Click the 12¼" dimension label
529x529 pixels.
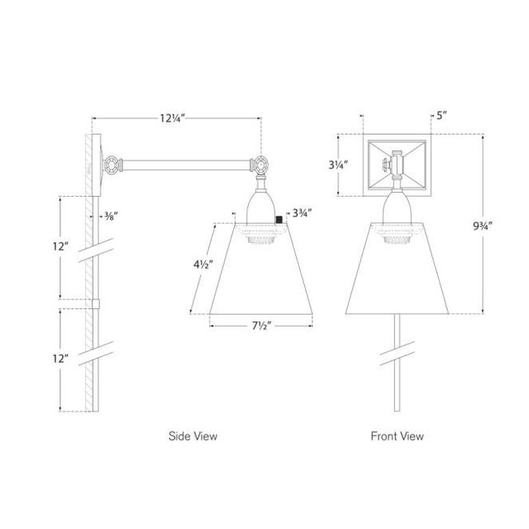click(x=173, y=118)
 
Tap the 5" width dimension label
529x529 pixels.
click(x=441, y=116)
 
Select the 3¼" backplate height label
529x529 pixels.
click(x=338, y=165)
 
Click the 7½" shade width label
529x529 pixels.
click(x=261, y=326)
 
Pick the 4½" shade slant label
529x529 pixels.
click(x=203, y=264)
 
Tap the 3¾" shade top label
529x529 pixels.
click(x=302, y=213)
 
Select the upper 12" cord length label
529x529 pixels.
click(x=60, y=246)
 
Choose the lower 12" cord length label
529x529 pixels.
click(x=60, y=358)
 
